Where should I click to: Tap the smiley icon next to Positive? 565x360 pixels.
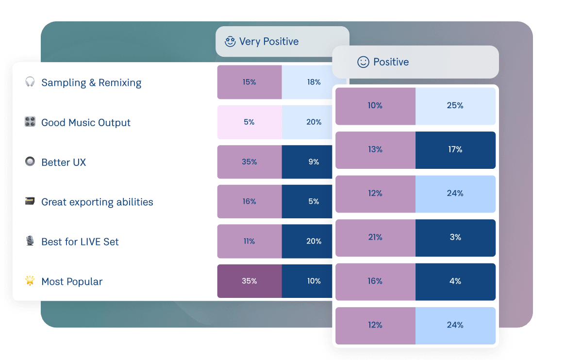363,62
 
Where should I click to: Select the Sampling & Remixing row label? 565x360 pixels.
91,83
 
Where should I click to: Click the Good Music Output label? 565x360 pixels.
86,123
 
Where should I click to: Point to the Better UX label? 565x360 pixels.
64,163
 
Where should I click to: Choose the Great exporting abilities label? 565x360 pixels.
97,202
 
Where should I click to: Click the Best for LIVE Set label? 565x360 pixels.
80,242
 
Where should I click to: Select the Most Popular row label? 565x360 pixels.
72,282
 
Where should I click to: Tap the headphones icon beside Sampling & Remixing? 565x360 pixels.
30,82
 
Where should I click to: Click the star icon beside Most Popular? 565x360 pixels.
30,280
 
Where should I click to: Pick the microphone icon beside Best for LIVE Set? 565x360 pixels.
30,241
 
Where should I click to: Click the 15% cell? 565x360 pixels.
249,82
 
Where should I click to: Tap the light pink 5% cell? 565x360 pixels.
249,122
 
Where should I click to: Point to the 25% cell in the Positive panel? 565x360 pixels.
455,106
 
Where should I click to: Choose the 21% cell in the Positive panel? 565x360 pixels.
375,238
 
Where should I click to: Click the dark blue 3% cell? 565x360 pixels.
455,238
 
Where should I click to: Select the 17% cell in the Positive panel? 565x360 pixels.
455,150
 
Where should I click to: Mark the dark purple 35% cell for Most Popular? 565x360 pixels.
249,281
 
